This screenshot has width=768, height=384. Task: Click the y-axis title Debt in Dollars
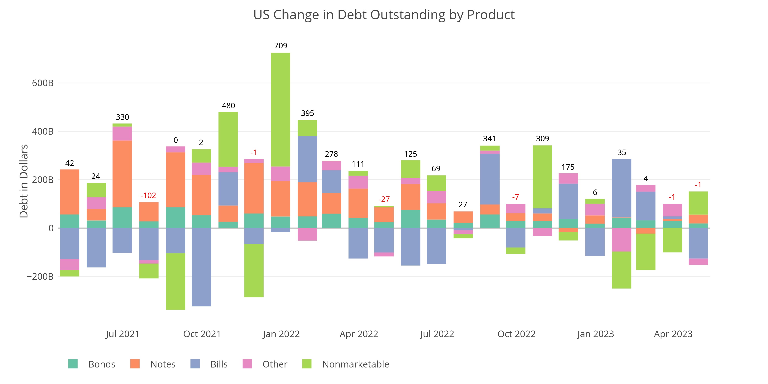[24, 181]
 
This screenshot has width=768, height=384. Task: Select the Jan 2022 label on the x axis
[281, 334]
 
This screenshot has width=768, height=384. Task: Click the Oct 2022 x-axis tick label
[516, 334]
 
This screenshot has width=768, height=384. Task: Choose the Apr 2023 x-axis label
[673, 334]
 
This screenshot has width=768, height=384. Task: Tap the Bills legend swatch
[195, 364]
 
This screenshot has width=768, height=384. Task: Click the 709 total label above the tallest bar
[281, 46]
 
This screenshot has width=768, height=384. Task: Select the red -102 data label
[148, 196]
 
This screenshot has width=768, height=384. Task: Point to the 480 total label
[228, 106]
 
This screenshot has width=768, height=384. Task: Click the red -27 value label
[384, 199]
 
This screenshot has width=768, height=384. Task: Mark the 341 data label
[489, 139]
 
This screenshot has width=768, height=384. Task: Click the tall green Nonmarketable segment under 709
[281, 109]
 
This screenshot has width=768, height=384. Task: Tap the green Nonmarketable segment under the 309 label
[542, 177]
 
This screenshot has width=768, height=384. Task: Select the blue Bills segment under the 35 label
[622, 188]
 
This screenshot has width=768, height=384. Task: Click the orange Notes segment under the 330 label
[122, 174]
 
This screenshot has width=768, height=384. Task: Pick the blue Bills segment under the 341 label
[490, 179]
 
